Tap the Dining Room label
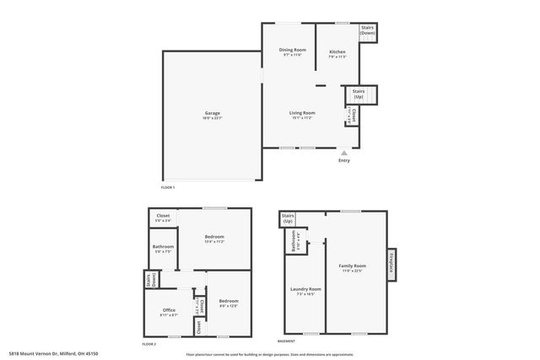(x=293, y=51)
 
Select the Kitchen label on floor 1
(x=337, y=52)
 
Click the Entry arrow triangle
(x=344, y=153)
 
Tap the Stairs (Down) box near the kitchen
(x=367, y=30)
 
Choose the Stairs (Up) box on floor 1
(x=359, y=94)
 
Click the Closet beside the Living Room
(x=354, y=116)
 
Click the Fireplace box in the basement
(x=391, y=264)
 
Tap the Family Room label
(x=353, y=266)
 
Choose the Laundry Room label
(x=305, y=290)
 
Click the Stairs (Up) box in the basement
(x=288, y=218)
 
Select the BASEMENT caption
(x=286, y=341)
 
